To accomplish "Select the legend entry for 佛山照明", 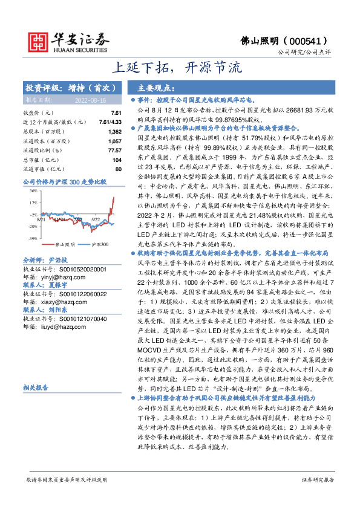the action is [x=66, y=244].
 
